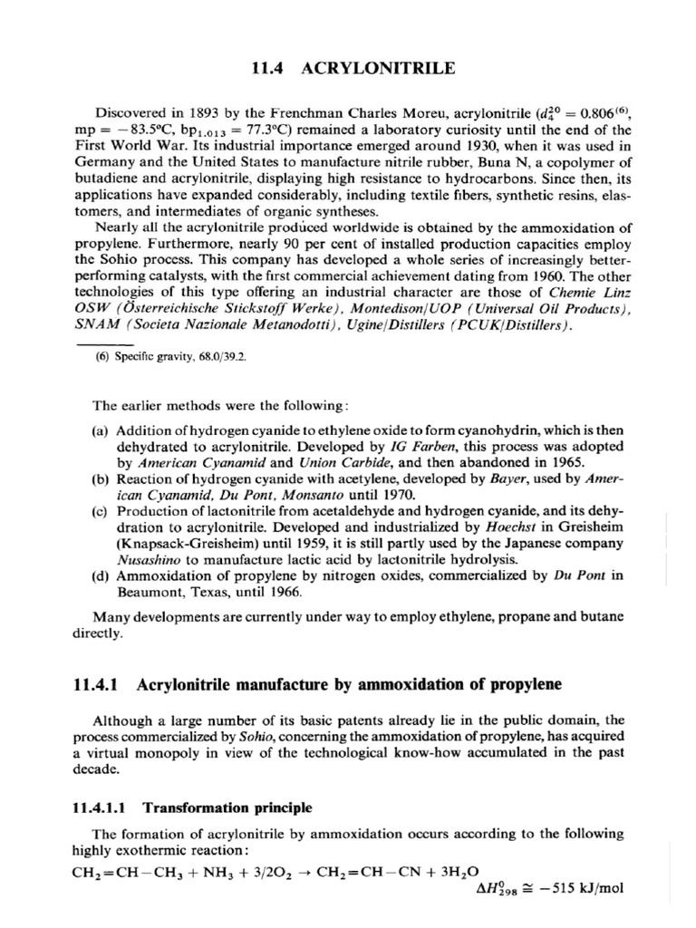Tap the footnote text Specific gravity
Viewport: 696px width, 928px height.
pos(153,356)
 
